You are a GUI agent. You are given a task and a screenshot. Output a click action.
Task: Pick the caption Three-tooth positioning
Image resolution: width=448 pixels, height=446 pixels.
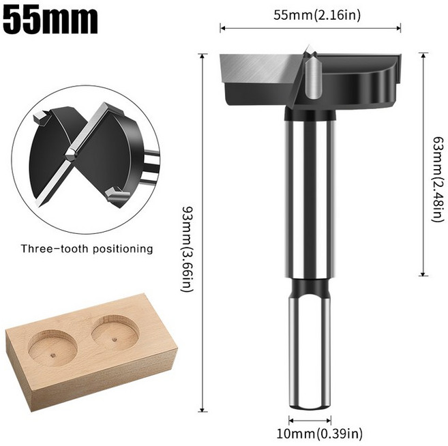87,249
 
